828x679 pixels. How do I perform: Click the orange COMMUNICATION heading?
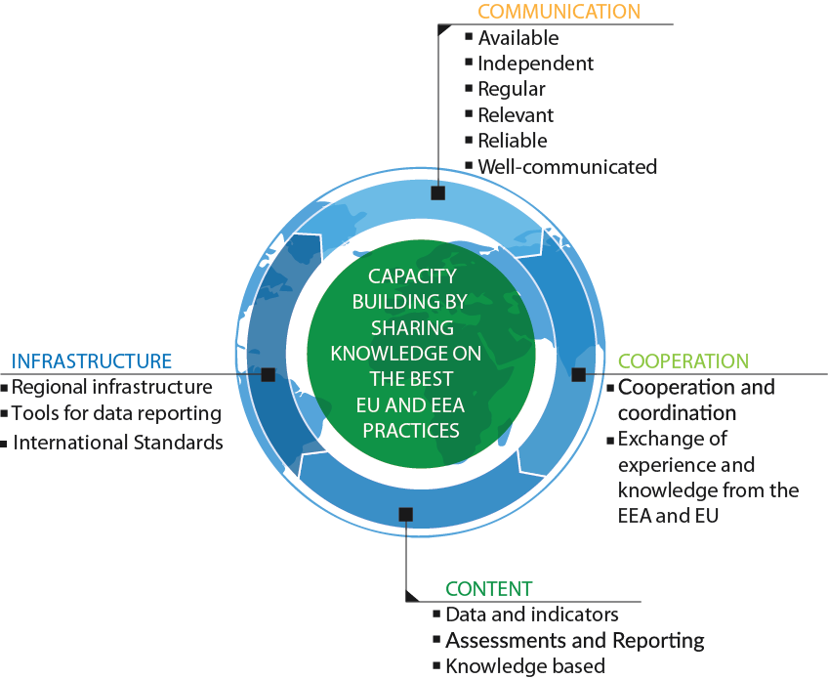click(559, 12)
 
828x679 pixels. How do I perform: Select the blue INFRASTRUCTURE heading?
click(92, 361)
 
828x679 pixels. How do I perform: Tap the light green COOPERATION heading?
click(683, 361)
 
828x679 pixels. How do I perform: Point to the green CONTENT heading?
click(488, 589)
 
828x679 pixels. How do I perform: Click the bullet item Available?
click(518, 38)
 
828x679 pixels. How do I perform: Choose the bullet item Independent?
click(535, 64)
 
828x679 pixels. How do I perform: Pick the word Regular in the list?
click(512, 90)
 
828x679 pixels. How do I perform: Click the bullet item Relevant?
click(516, 115)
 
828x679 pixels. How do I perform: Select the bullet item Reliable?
click(513, 141)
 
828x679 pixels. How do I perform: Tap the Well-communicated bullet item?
click(567, 167)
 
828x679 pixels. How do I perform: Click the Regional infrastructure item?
click(112, 387)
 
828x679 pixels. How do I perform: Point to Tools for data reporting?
click(116, 413)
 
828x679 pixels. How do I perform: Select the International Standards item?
click(118, 443)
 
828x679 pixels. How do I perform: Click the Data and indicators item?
click(532, 615)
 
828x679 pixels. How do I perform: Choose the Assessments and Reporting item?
click(575, 641)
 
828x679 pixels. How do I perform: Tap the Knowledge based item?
click(525, 666)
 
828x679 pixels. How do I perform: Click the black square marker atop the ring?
click(437, 192)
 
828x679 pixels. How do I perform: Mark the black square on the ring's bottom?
click(405, 514)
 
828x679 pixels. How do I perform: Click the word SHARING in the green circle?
click(412, 328)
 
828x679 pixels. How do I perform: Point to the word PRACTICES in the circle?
click(411, 431)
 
